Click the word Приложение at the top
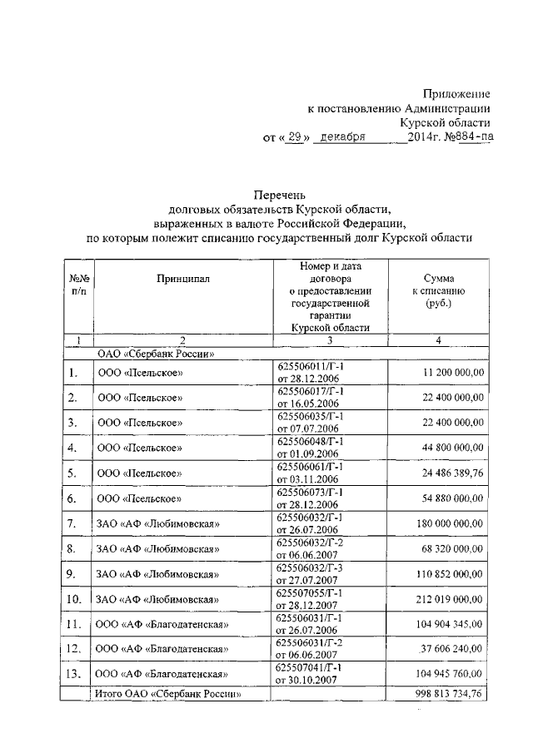[456, 92]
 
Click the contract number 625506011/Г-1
[309, 367]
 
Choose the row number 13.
[75, 675]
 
